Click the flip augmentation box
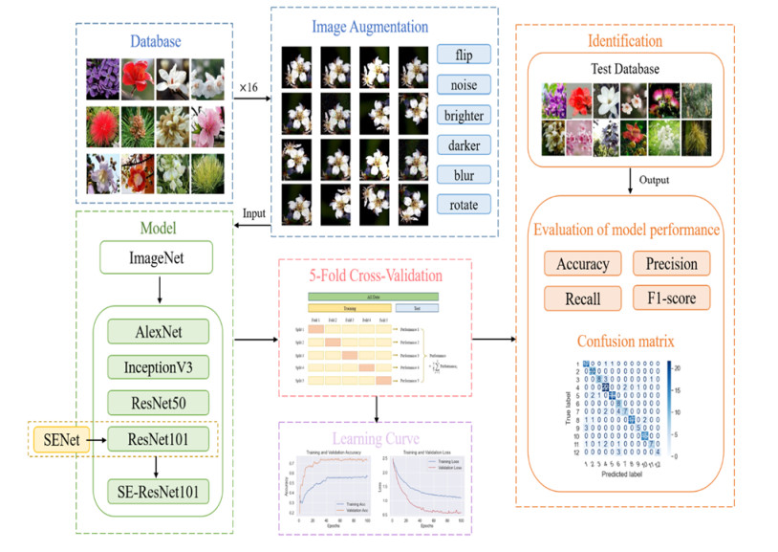pos(464,55)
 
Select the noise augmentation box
pos(464,85)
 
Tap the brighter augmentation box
pos(464,116)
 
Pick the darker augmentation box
pos(464,145)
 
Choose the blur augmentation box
pos(464,175)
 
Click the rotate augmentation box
pos(464,205)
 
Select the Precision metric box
pos(671,264)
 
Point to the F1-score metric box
pos(671,298)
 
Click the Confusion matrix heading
pos(624,341)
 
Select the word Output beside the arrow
pos(654,180)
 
